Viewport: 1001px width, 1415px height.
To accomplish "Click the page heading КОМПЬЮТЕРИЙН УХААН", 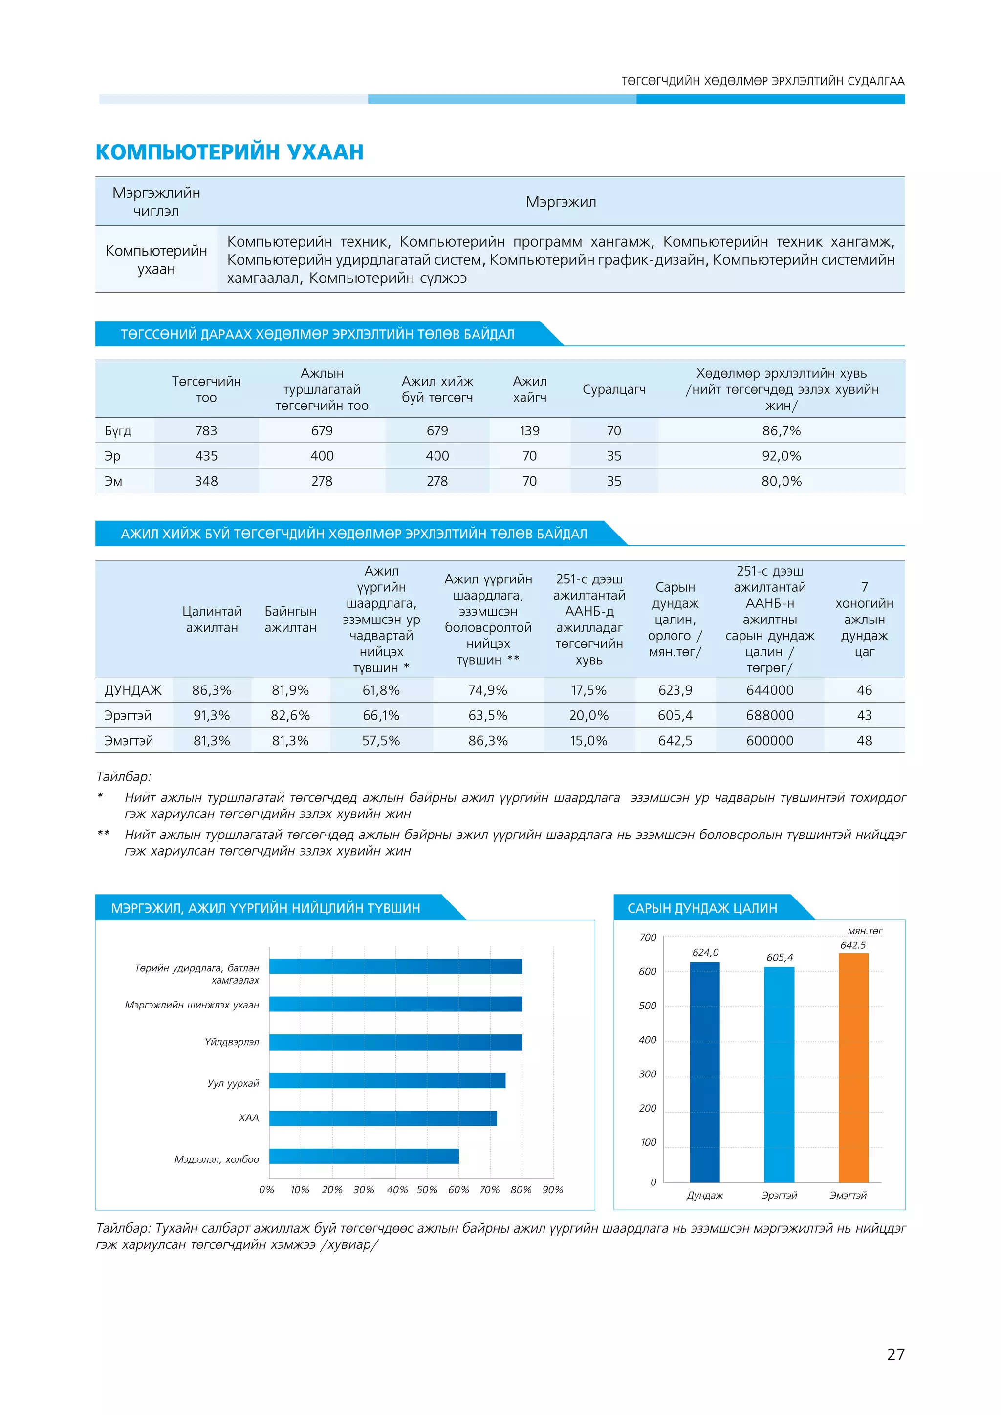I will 229,151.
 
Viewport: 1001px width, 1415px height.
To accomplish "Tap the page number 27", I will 895,1354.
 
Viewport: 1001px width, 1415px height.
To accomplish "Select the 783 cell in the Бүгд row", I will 206,431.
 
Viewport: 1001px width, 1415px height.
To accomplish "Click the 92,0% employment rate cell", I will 781,456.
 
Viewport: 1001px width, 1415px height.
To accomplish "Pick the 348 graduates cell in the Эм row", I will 206,481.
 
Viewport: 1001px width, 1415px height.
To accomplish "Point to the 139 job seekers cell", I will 529,431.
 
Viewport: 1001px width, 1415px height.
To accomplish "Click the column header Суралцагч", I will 614,389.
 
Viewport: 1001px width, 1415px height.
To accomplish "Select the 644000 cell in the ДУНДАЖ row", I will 769,690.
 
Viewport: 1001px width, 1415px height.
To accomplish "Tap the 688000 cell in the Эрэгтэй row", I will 769,715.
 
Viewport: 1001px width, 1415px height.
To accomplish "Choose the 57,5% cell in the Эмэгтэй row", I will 381,741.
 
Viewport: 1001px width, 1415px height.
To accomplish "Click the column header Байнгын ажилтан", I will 290,620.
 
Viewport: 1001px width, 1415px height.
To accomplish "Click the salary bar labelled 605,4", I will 779,1075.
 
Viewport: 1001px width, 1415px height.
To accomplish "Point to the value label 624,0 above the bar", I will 705,953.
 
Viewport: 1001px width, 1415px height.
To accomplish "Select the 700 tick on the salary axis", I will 647,937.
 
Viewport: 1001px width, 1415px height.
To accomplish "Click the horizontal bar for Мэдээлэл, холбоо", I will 364,1156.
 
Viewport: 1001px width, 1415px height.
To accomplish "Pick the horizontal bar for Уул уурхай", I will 387,1080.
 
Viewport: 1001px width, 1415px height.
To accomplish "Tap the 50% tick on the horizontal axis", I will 427,1189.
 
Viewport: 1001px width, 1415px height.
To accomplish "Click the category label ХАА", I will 248,1118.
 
